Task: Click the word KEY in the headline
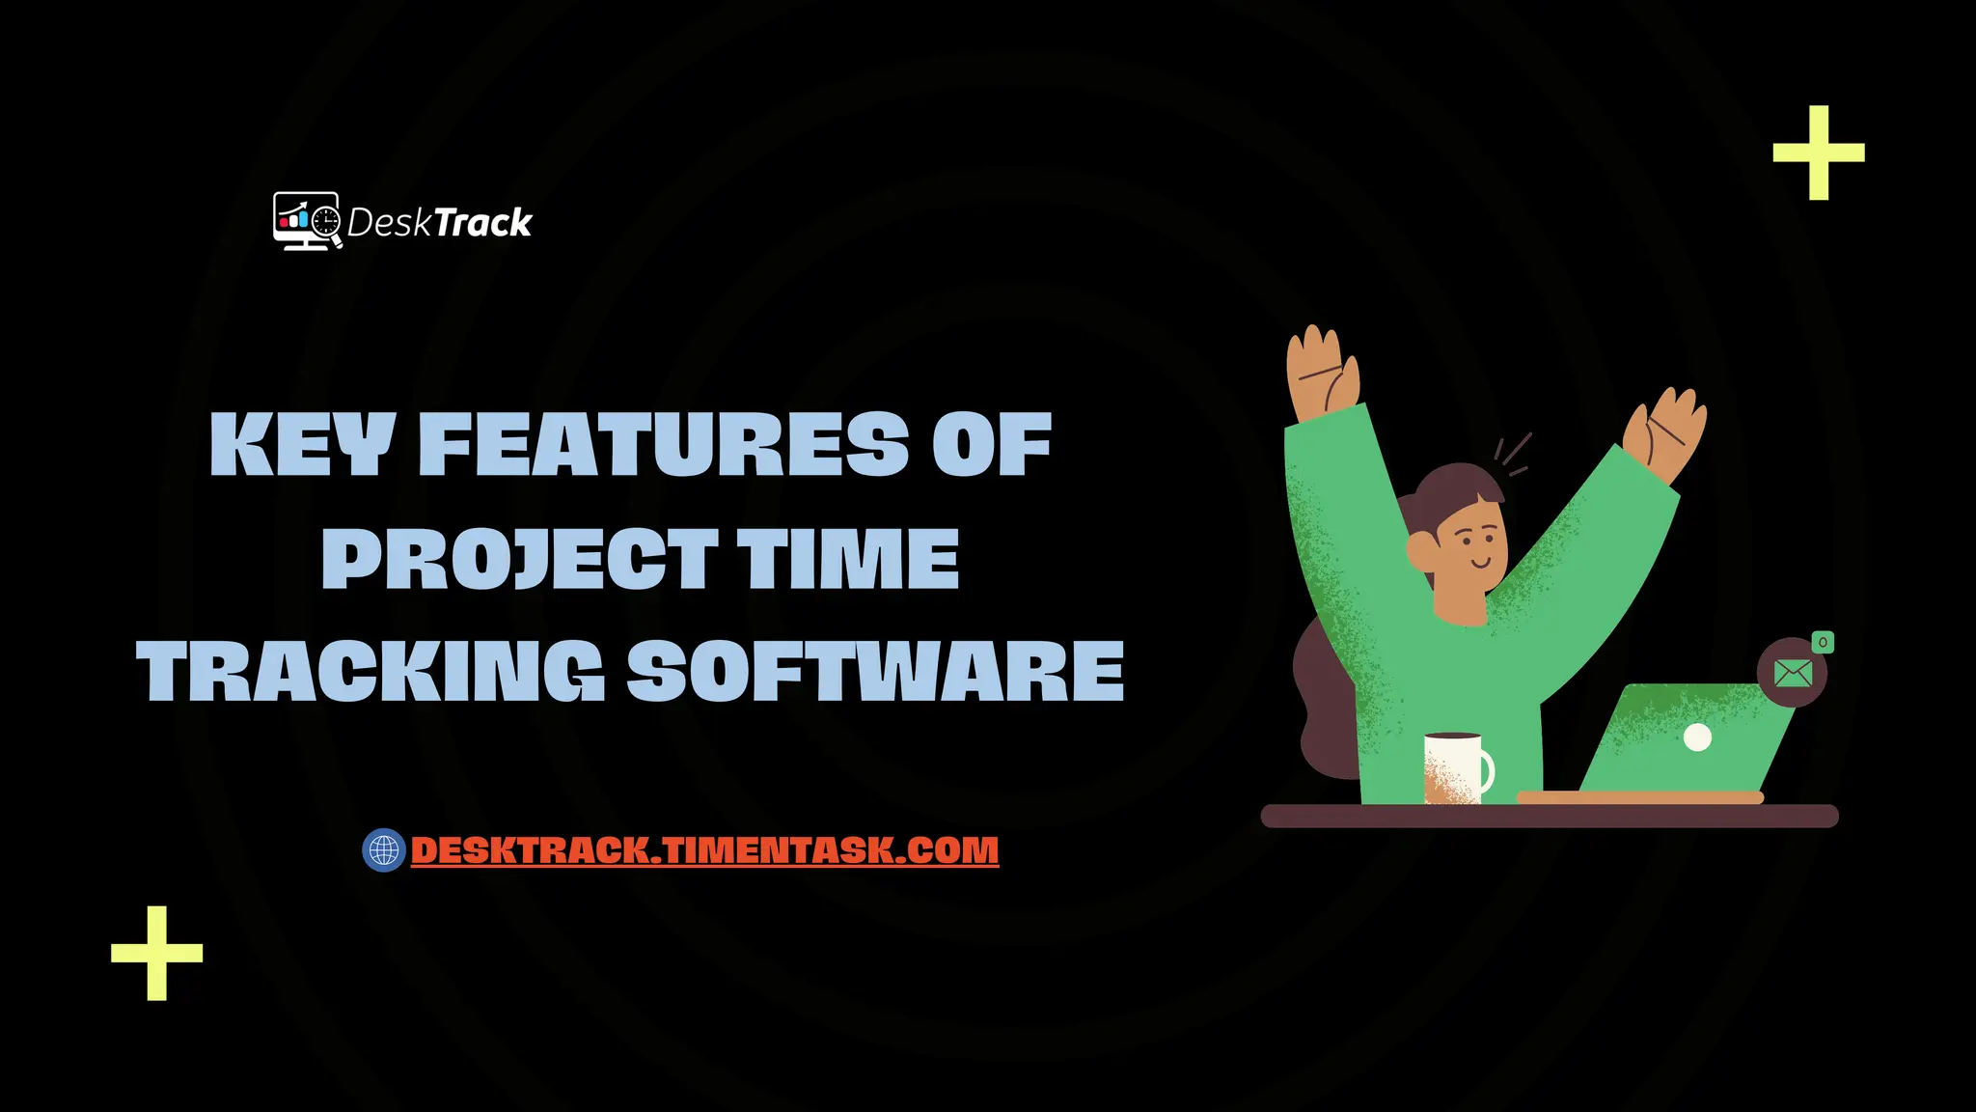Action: pyautogui.click(x=301, y=445)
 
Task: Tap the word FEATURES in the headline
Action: pyautogui.click(x=664, y=445)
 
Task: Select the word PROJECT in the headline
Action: pyautogui.click(x=519, y=559)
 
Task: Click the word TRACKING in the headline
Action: pyautogui.click(x=371, y=672)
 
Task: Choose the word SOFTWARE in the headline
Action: pyautogui.click(x=876, y=672)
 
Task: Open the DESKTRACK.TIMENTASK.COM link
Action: pyautogui.click(x=704, y=850)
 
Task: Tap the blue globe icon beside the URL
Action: pyautogui.click(x=384, y=850)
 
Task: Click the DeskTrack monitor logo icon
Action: pyautogui.click(x=307, y=221)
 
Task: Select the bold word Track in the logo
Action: pyautogui.click(x=483, y=223)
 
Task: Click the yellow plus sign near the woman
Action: pyautogui.click(x=1819, y=153)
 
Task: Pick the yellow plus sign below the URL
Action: pyautogui.click(x=157, y=953)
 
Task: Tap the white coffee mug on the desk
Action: pyautogui.click(x=1455, y=766)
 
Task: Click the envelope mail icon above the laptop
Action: pyautogui.click(x=1793, y=673)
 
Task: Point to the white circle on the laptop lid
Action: pyautogui.click(x=1697, y=738)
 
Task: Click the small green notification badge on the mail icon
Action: pyautogui.click(x=1823, y=642)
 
